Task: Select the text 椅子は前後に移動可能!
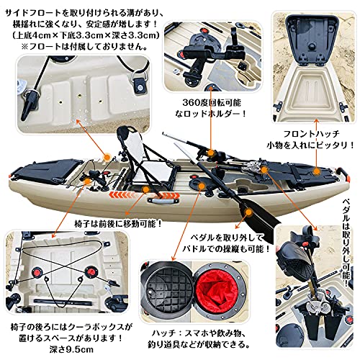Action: coord(44,222)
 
